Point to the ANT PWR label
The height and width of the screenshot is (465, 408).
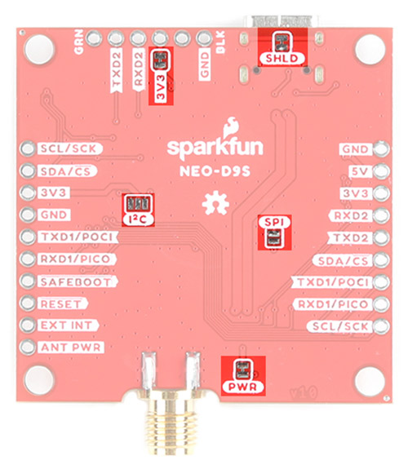pyautogui.click(x=71, y=348)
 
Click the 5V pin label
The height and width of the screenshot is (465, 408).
pyautogui.click(x=359, y=171)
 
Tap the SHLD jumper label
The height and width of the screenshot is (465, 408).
pyautogui.click(x=282, y=59)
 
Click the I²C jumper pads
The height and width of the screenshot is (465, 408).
pyautogui.click(x=138, y=204)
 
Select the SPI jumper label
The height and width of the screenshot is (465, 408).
pyautogui.click(x=274, y=222)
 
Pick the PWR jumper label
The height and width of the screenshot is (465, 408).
pyautogui.click(x=242, y=387)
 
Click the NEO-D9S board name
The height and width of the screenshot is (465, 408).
pyautogui.click(x=215, y=171)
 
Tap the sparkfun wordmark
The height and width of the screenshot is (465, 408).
pyautogui.click(x=215, y=148)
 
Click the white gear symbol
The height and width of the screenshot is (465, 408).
pyautogui.click(x=215, y=203)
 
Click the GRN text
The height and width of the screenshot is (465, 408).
pyautogui.click(x=79, y=42)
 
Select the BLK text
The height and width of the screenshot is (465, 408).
pyautogui.click(x=221, y=42)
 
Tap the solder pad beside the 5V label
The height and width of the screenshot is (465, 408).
pyautogui.click(x=382, y=171)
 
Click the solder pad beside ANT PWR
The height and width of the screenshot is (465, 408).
pyautogui.click(x=28, y=347)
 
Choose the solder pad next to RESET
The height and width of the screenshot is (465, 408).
pyautogui.click(x=28, y=303)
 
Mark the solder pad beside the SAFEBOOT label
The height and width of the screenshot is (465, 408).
pyautogui.click(x=28, y=281)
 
